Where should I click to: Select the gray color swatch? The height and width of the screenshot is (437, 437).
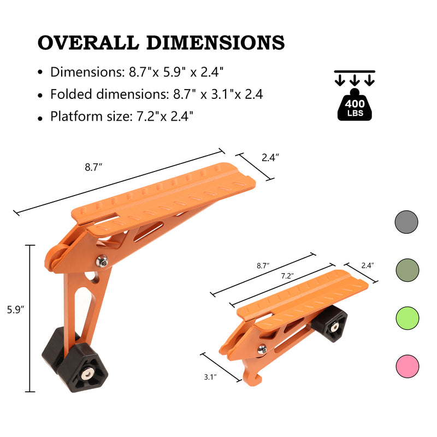click(406, 222)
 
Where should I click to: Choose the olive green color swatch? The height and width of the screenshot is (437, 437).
click(406, 270)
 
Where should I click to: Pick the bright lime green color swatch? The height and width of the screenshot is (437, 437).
click(406, 317)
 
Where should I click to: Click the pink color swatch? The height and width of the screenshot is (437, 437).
click(406, 365)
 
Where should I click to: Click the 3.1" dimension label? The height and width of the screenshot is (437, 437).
click(210, 377)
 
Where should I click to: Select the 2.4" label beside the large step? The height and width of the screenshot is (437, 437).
click(270, 157)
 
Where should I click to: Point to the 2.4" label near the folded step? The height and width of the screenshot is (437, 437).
click(368, 265)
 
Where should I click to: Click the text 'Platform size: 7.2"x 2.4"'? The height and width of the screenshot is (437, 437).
click(121, 116)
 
